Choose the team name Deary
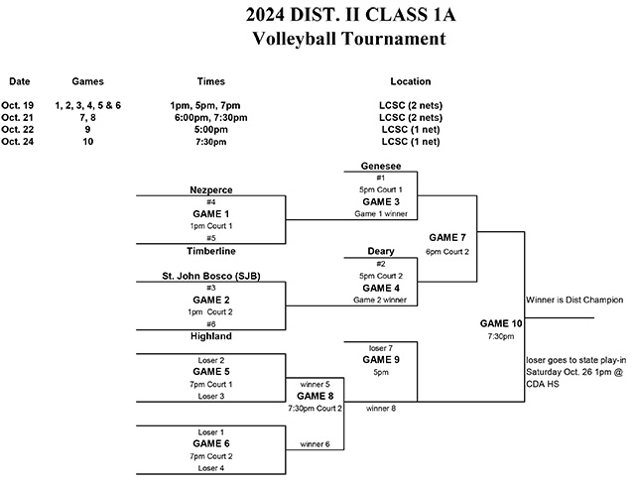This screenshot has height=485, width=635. pyautogui.click(x=380, y=251)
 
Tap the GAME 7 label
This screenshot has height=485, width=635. pyautogui.click(x=448, y=238)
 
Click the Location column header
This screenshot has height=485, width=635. pyautogui.click(x=411, y=81)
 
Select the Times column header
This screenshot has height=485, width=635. pyautogui.click(x=210, y=81)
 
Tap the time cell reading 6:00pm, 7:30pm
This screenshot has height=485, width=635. pyautogui.click(x=210, y=117)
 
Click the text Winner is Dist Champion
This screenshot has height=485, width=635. pyautogui.click(x=574, y=298)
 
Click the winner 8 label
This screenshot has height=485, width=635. pyautogui.click(x=380, y=408)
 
